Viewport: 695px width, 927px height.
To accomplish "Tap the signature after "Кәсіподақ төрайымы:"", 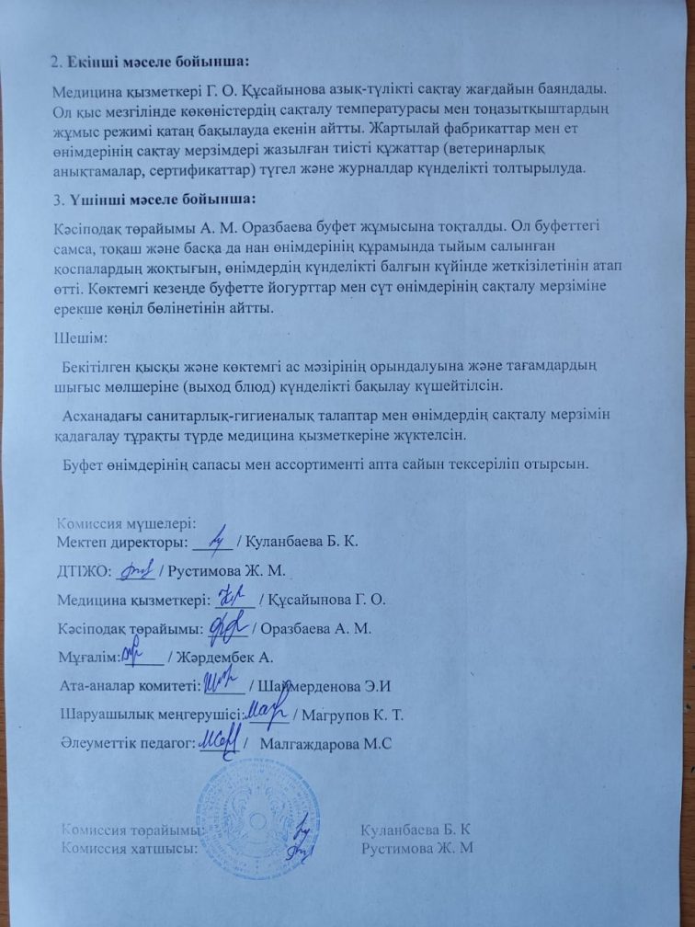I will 224,626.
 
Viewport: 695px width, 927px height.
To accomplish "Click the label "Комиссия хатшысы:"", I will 130,848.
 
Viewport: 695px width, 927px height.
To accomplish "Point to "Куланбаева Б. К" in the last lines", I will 417,829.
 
